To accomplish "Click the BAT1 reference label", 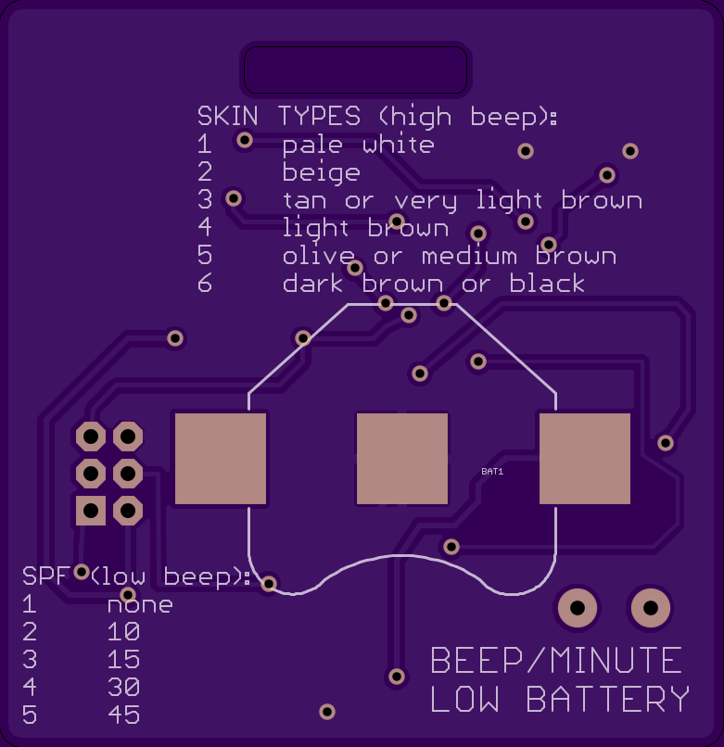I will point(492,472).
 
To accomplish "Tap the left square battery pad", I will point(221,459).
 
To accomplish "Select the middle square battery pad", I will point(402,459).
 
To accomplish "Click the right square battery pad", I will point(584,459).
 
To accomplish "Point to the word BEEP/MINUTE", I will point(556,661).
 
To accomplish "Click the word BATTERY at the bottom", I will point(608,699).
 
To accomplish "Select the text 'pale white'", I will point(358,145).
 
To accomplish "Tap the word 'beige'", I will point(321,172).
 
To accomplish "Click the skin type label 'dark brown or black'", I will point(433,284).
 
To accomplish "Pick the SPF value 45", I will point(123,715).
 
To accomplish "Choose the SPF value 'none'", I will point(139,605).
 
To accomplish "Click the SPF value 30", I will point(123,688).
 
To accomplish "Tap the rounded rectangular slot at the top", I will point(354,70).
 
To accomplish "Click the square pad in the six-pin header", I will point(91,510).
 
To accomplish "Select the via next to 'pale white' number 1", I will point(245,140).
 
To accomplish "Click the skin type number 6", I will point(205,284).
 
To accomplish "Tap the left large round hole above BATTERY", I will point(577,609).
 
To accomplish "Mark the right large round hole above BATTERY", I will point(651,609).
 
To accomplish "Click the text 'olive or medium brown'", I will point(449,256).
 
